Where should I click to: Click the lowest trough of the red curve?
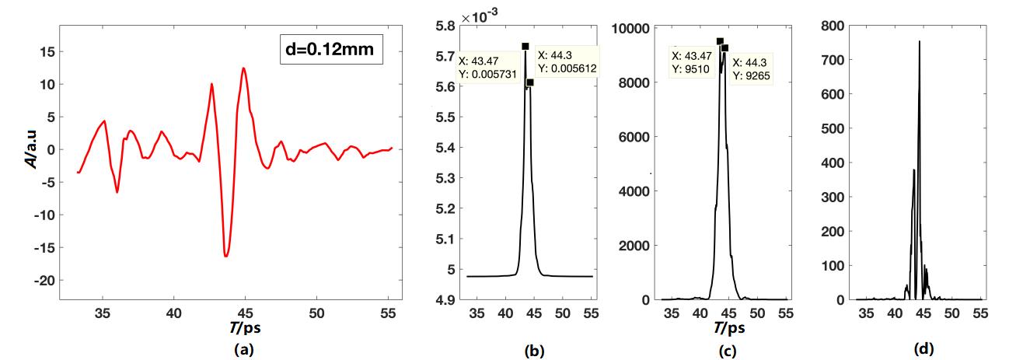[225, 256]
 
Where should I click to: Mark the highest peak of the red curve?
[244, 68]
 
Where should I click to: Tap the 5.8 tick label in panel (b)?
[445, 26]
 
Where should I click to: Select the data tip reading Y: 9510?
[693, 64]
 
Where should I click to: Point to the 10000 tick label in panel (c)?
[633, 28]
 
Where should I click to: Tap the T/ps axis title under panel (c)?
[723, 329]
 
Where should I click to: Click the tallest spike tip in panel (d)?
[920, 41]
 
